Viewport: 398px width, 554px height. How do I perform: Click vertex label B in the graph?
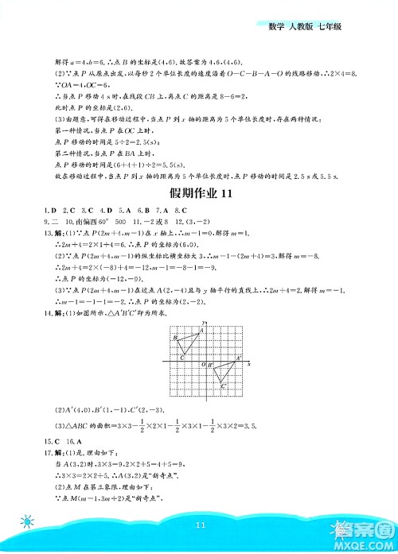click(x=175, y=338)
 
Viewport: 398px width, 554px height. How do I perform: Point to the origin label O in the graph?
click(x=202, y=364)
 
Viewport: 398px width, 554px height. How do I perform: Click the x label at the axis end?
click(x=249, y=363)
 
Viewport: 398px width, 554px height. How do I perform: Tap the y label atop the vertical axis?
click(x=205, y=321)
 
